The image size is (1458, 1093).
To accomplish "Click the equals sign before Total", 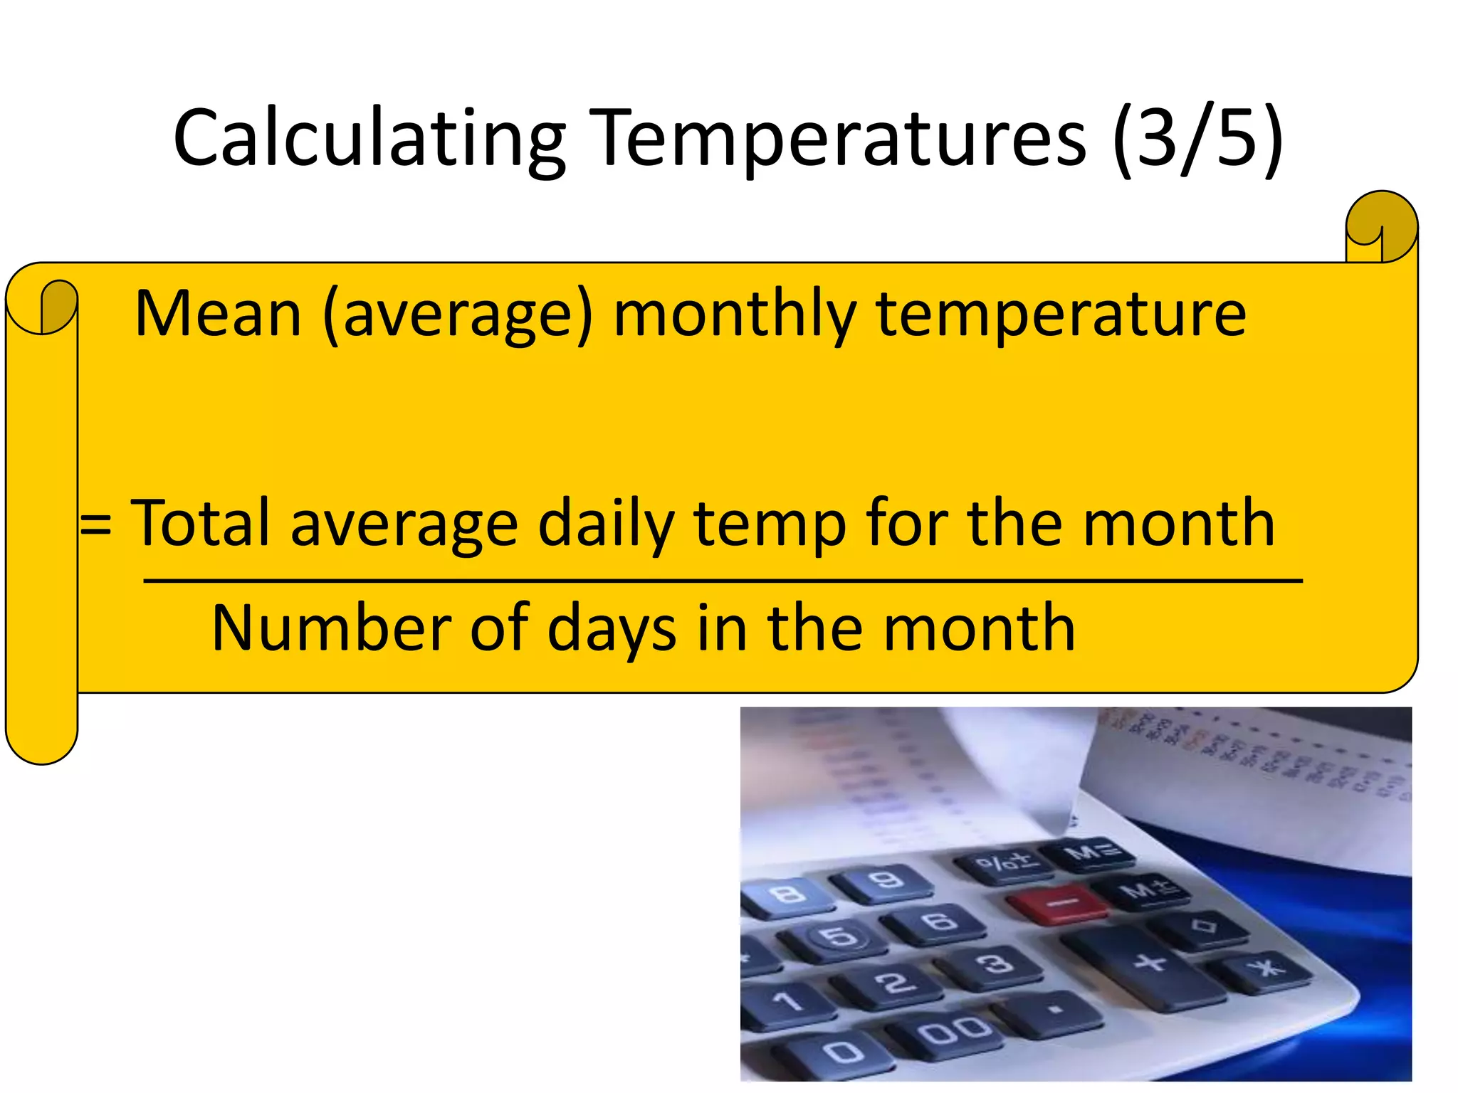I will pos(95,524).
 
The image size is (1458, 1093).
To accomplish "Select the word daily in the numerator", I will pos(605,524).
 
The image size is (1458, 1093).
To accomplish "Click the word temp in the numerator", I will pos(770,524).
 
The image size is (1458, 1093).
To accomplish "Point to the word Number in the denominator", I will pos(331,628).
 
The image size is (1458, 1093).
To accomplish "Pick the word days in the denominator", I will pos(612,629).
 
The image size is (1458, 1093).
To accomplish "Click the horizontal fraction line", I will pos(723,581).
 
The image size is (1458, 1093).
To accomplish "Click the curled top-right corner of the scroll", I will pos(1380,226).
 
